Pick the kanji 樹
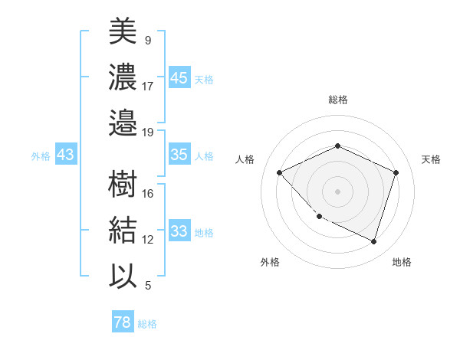coord(123,184)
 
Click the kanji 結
coord(123,230)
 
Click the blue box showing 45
coord(179,78)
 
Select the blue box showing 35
coord(179,155)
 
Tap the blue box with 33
coord(179,231)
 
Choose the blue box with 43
coord(65,155)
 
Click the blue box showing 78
coord(122,322)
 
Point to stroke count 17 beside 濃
coord(148,86)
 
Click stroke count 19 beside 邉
coord(148,132)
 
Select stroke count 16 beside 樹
coord(148,194)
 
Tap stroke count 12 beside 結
coord(148,240)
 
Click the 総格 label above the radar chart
coord(337,100)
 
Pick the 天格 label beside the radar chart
coord(431,159)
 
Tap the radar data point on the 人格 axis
coord(280,172)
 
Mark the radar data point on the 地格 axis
coord(373,241)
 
